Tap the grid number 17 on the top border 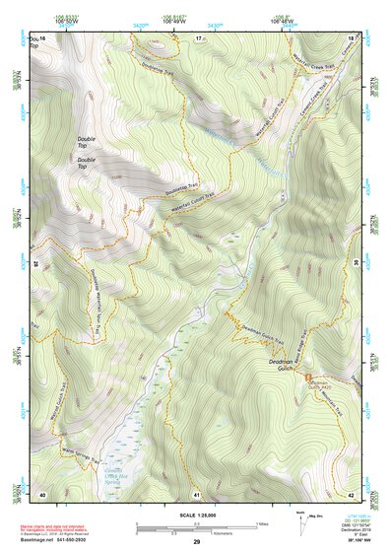[198, 37]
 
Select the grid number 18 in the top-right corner [352, 37]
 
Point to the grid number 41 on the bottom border [198, 493]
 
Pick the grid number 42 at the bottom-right [352, 493]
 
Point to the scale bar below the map [197, 525]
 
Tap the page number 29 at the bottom [197, 542]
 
